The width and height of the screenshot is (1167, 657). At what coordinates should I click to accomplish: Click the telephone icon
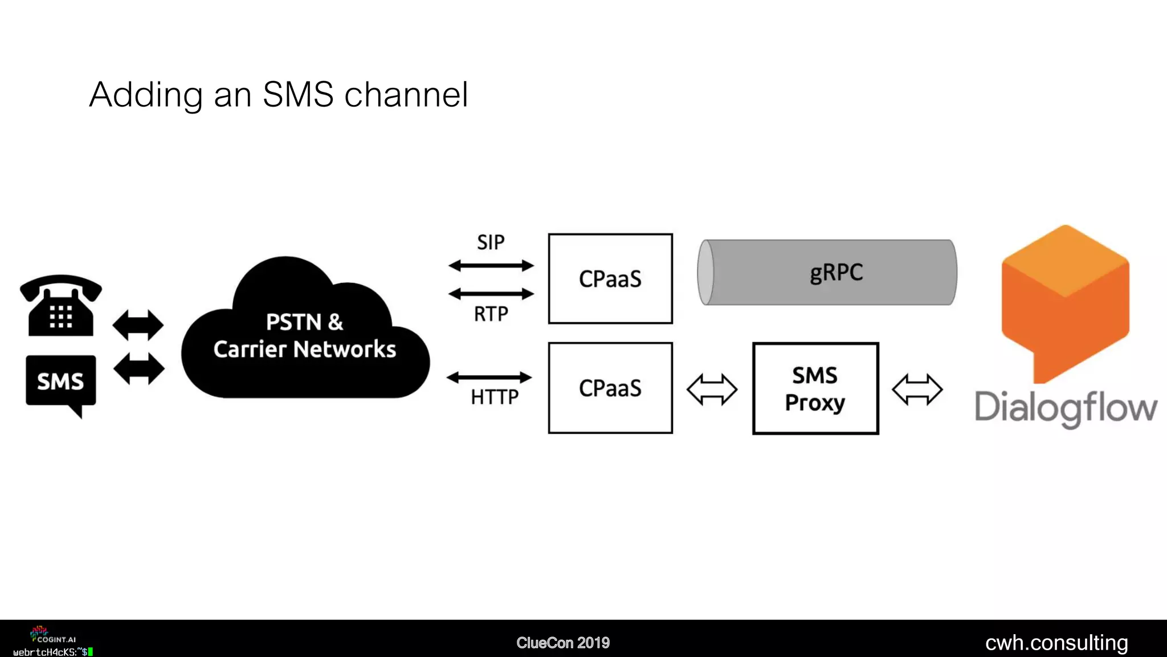(60, 306)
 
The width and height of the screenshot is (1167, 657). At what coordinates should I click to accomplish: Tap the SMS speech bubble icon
(61, 382)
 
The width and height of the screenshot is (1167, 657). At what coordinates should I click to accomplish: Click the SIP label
(491, 242)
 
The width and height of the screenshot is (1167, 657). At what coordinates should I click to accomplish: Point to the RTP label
(491, 314)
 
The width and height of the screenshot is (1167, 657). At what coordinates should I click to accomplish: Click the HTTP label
(495, 397)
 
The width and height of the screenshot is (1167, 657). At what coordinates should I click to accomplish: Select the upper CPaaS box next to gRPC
(610, 279)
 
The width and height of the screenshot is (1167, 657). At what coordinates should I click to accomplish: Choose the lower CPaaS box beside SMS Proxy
(610, 388)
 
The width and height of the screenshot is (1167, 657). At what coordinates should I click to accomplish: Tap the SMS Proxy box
(815, 388)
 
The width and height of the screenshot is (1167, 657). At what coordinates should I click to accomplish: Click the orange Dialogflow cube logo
(1065, 302)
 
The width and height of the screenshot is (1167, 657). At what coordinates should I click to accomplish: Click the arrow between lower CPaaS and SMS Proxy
(712, 390)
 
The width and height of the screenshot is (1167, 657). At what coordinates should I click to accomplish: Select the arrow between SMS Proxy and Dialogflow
(917, 390)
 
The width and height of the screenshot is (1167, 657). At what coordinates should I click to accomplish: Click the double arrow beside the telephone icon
(138, 325)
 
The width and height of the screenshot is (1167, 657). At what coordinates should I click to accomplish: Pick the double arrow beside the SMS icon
(139, 368)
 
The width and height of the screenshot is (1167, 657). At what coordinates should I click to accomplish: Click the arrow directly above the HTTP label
(489, 377)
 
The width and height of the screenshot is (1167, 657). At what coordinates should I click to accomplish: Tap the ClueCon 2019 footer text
(563, 643)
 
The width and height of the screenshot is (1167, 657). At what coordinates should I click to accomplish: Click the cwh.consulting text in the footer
(1056, 643)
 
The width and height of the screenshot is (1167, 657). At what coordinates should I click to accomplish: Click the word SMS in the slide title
(298, 95)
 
